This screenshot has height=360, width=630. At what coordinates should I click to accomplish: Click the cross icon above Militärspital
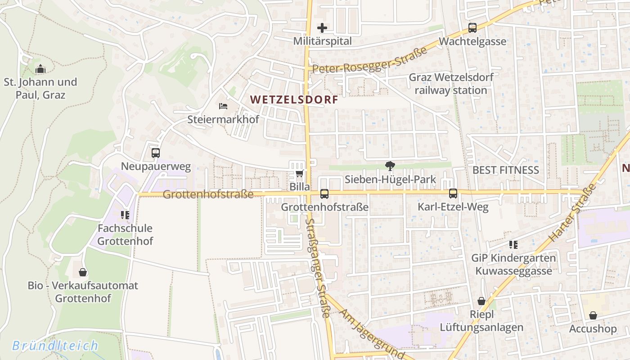tap(322, 28)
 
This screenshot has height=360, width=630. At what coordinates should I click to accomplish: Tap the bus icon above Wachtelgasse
tap(472, 28)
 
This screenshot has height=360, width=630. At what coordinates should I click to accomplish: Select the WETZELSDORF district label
tap(294, 99)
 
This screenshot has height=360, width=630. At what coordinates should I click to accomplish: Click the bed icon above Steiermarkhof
tap(223, 106)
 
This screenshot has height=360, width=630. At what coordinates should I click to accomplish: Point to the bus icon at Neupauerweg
tap(156, 153)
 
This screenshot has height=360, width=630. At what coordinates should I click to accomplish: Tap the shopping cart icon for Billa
tap(299, 173)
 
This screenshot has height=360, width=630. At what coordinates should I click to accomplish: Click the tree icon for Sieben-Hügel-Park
tap(390, 166)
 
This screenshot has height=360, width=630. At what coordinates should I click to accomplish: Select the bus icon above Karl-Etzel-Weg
tap(453, 193)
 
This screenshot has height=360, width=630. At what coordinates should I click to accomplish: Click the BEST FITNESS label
tap(505, 170)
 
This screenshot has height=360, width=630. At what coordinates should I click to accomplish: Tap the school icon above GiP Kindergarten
tap(513, 245)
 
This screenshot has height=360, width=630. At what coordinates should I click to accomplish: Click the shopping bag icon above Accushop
tap(593, 315)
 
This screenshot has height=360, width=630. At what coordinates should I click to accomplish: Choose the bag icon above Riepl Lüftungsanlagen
tap(481, 301)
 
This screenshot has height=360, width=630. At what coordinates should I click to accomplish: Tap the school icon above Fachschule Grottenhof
tap(125, 215)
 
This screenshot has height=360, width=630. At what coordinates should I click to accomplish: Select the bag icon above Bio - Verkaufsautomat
tap(83, 272)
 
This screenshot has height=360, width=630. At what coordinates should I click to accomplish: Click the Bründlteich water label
tap(55, 346)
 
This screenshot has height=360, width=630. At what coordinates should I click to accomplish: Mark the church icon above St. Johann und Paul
tap(40, 69)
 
